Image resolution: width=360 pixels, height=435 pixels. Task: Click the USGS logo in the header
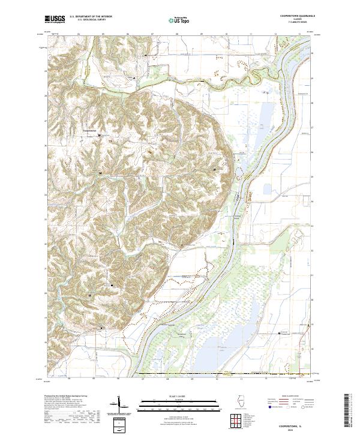(x=55, y=19)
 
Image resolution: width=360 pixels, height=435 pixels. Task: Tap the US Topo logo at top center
(x=180, y=20)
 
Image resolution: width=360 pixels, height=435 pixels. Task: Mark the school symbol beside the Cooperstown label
(x=100, y=136)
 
